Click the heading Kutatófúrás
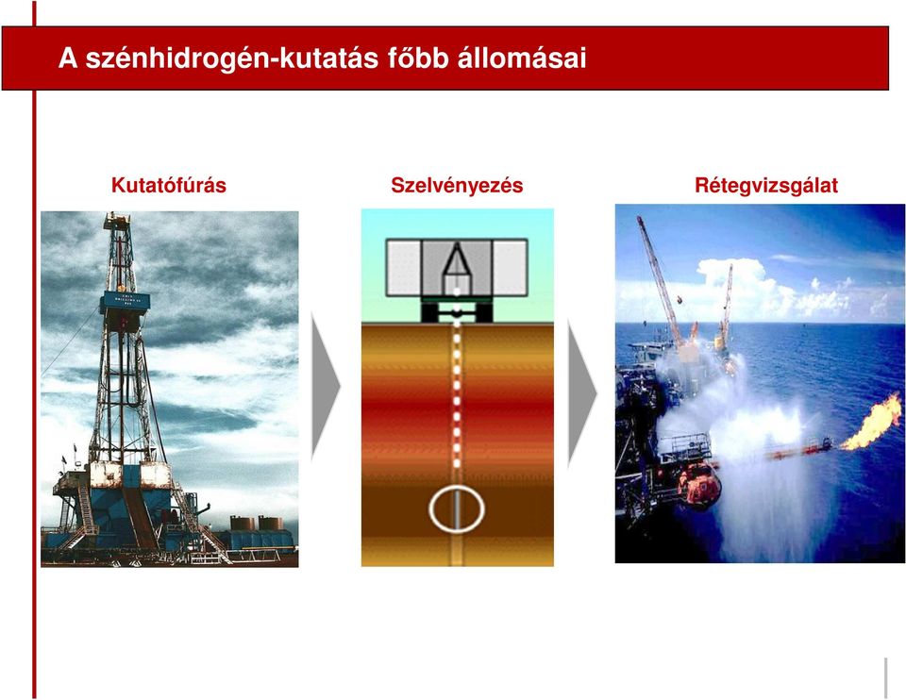click(x=169, y=186)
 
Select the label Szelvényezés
click(x=457, y=186)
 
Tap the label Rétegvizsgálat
click(x=766, y=186)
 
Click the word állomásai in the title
click(x=522, y=58)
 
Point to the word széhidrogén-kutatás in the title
click(x=232, y=58)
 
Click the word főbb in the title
click(x=418, y=58)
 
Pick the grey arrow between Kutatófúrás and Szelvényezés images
click(x=326, y=387)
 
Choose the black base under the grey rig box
click(x=457, y=312)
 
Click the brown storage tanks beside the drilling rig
click(x=257, y=524)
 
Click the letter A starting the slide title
click(x=68, y=58)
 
